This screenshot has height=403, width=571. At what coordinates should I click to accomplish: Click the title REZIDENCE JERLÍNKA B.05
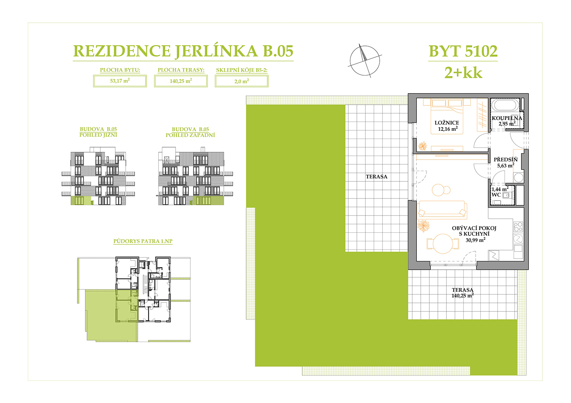click(183, 51)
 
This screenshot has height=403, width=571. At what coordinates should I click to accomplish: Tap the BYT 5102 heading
click(463, 51)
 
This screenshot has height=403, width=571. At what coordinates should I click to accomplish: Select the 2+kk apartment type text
click(463, 73)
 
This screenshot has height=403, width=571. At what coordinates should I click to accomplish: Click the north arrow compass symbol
click(365, 61)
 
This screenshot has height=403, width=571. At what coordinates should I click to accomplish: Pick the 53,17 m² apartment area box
click(120, 81)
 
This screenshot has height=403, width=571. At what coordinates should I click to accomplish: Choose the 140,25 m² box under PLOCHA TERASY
click(181, 81)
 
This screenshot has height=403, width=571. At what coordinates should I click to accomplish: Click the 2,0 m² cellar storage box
click(241, 81)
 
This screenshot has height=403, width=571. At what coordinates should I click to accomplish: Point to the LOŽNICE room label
click(447, 123)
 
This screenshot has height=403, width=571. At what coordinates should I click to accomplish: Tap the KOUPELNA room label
click(507, 118)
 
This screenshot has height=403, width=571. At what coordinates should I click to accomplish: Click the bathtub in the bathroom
click(505, 105)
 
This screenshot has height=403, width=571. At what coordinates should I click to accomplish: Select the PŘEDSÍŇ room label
click(506, 160)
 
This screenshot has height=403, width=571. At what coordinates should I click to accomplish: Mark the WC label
click(496, 195)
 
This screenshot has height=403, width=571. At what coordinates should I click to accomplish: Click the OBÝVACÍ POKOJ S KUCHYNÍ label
click(474, 231)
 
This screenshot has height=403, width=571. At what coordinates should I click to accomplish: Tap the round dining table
click(443, 244)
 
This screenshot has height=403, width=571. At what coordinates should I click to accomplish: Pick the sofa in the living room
click(442, 210)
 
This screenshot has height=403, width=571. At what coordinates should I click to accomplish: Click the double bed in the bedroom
click(447, 116)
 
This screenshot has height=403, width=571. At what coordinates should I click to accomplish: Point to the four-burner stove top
click(518, 227)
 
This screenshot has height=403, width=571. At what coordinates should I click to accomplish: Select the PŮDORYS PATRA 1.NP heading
click(143, 241)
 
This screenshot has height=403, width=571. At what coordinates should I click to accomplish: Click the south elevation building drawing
click(98, 176)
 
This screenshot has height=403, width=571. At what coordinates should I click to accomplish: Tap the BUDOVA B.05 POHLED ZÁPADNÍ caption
click(191, 133)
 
